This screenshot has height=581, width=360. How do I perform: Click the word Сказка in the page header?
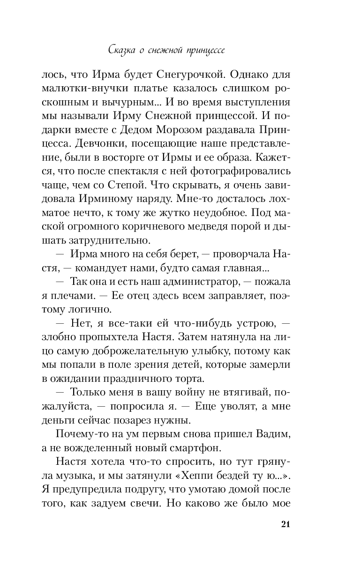[120, 49]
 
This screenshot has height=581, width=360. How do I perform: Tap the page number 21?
[285, 524]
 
